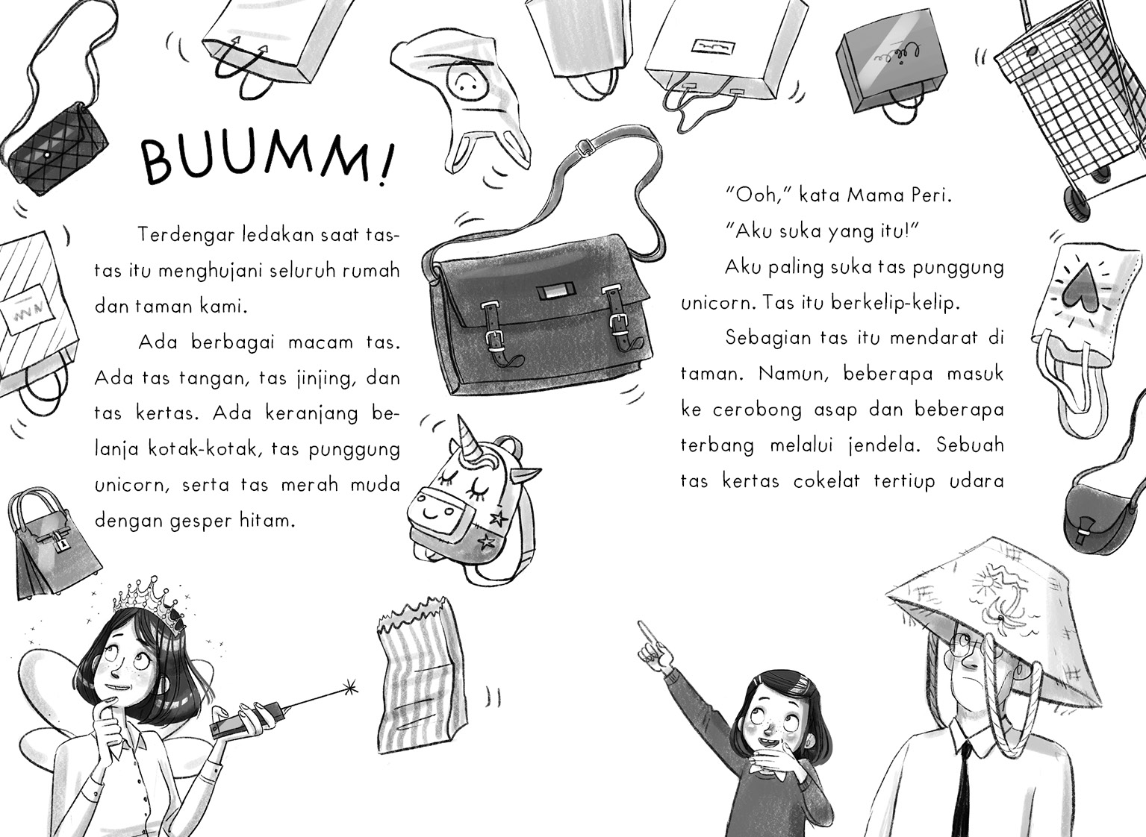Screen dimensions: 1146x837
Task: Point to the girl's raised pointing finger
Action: click(x=648, y=634)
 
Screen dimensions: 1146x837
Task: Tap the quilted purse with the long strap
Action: click(x=56, y=149)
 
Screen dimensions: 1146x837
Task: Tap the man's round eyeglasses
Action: click(x=972, y=645)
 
